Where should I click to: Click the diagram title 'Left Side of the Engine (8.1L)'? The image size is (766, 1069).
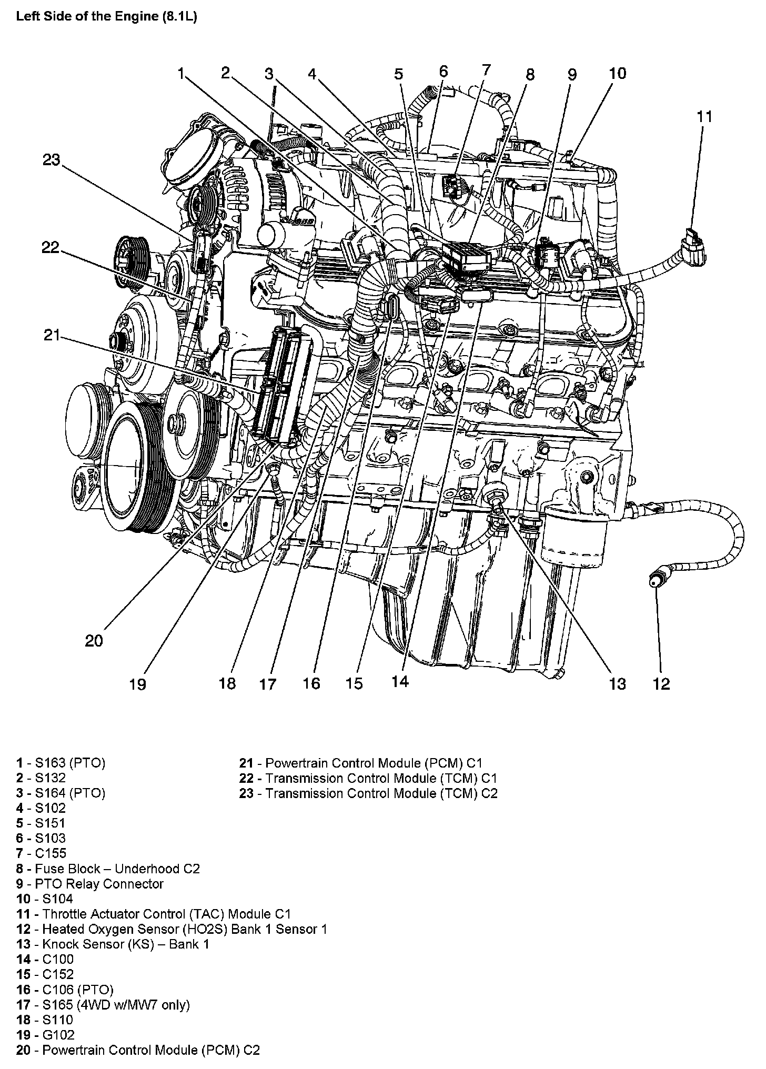coord(106,16)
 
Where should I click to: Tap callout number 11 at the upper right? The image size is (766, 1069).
coord(704,116)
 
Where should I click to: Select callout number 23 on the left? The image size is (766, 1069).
coord(52,160)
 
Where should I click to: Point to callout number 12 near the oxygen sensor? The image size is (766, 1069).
coord(662,683)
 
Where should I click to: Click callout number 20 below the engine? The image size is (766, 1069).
coord(94,641)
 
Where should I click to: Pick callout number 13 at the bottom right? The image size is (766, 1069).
coord(617,683)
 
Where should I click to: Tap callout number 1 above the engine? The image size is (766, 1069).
coord(181,74)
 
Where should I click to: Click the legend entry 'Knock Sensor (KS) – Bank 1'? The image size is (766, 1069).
coord(113,944)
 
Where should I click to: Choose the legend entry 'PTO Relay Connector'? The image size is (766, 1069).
coord(90,884)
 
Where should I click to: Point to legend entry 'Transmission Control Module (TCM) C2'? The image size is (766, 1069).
coord(368,793)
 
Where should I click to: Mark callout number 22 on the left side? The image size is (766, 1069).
coord(51,248)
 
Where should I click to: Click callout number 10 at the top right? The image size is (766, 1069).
coord(618,74)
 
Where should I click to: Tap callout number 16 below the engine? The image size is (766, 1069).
coord(311,683)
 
